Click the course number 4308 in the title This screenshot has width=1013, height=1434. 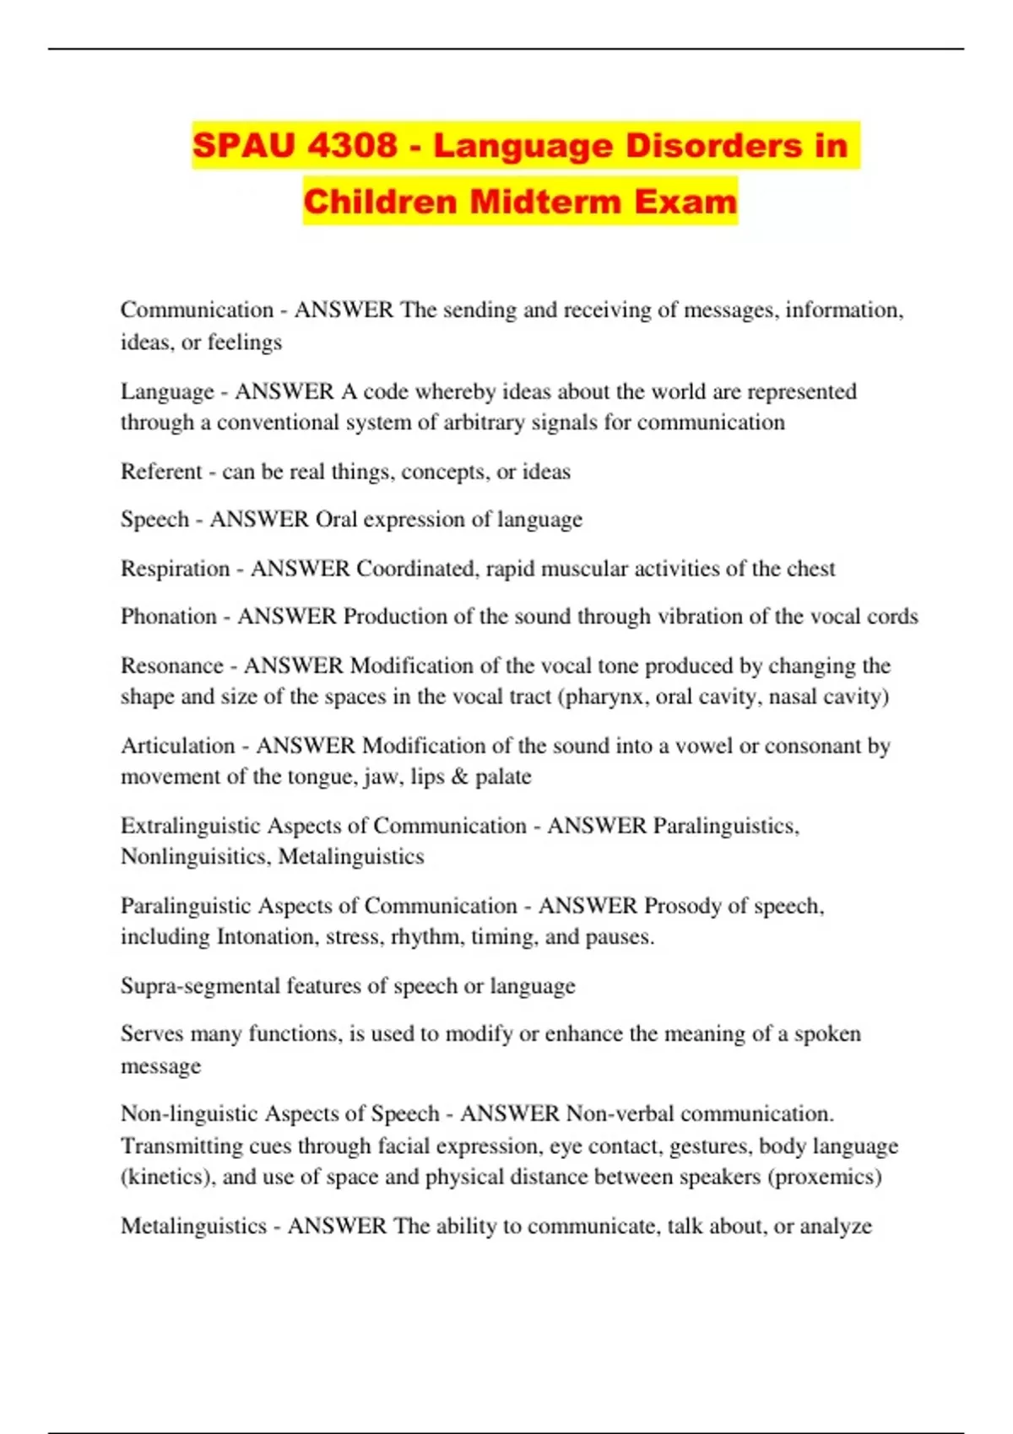[x=352, y=145]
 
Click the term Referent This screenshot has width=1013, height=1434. [x=161, y=471]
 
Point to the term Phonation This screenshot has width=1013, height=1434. [x=169, y=617]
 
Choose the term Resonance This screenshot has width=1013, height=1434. [x=171, y=666]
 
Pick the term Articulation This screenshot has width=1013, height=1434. [x=177, y=746]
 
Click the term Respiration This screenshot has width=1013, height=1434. [x=175, y=569]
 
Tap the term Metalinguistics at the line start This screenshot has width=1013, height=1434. [x=193, y=1226]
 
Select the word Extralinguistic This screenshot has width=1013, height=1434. [x=191, y=826]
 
